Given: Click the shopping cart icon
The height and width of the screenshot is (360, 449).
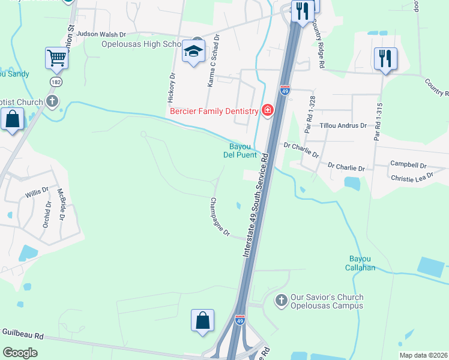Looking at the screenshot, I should (56, 58).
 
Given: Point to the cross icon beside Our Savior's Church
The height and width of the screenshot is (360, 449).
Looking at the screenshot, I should (280, 299).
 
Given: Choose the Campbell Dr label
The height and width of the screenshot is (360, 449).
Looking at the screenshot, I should (408, 164).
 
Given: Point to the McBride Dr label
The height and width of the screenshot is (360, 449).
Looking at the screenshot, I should (61, 204).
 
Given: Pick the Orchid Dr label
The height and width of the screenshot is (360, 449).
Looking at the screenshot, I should (48, 209).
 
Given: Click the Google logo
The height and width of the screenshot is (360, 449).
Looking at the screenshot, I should (20, 353).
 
